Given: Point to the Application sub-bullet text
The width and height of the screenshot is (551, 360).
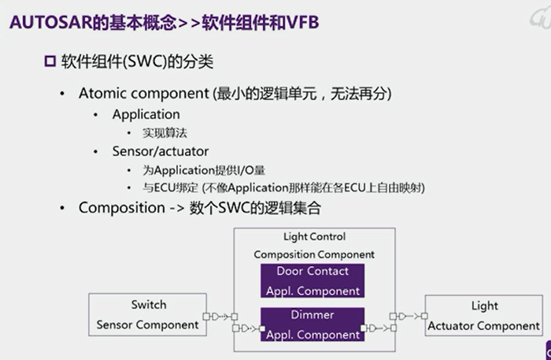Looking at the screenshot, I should [146, 114].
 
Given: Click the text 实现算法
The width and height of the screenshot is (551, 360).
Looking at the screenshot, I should [165, 133].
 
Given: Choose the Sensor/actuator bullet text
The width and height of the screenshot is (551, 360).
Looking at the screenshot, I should [160, 151].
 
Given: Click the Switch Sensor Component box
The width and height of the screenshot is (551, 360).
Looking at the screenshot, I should [147, 314].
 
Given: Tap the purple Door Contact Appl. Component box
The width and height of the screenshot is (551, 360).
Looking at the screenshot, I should [312, 280].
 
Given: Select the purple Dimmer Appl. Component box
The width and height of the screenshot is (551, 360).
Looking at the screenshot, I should [312, 324].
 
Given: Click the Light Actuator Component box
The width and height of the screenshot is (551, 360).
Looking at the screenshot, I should [483, 315].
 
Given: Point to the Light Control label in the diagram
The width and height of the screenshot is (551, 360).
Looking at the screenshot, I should [313, 236].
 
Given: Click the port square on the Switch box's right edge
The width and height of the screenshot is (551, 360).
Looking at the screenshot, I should [205, 317].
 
